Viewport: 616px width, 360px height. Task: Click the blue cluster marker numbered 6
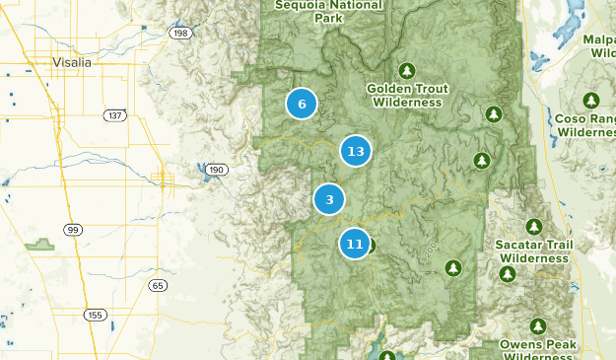coord(302,104)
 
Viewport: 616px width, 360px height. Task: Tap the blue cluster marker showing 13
coord(356,151)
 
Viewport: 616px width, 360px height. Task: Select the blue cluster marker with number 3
coord(329,199)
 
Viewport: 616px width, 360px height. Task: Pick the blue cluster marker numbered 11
coord(355,243)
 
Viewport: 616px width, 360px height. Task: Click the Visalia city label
coord(71,62)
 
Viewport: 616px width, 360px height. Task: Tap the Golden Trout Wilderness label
coord(407,95)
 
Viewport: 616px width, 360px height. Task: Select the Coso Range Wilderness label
coord(585,124)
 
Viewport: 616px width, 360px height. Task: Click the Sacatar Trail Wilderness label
coord(534,251)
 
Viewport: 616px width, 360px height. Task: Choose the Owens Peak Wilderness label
coord(538,349)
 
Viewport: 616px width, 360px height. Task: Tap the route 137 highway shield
coord(115,115)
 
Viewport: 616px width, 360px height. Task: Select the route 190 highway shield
coord(216,171)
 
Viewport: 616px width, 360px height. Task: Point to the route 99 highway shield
coord(73,230)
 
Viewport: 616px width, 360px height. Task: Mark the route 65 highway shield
coord(159,285)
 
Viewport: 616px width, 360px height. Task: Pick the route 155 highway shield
coord(95,315)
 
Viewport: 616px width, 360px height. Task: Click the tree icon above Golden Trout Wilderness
coord(407,70)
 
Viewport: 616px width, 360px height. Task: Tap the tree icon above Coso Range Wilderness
coord(590,100)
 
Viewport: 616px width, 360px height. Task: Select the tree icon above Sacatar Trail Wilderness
coord(534,226)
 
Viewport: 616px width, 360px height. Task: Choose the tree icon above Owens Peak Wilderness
coord(538,325)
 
